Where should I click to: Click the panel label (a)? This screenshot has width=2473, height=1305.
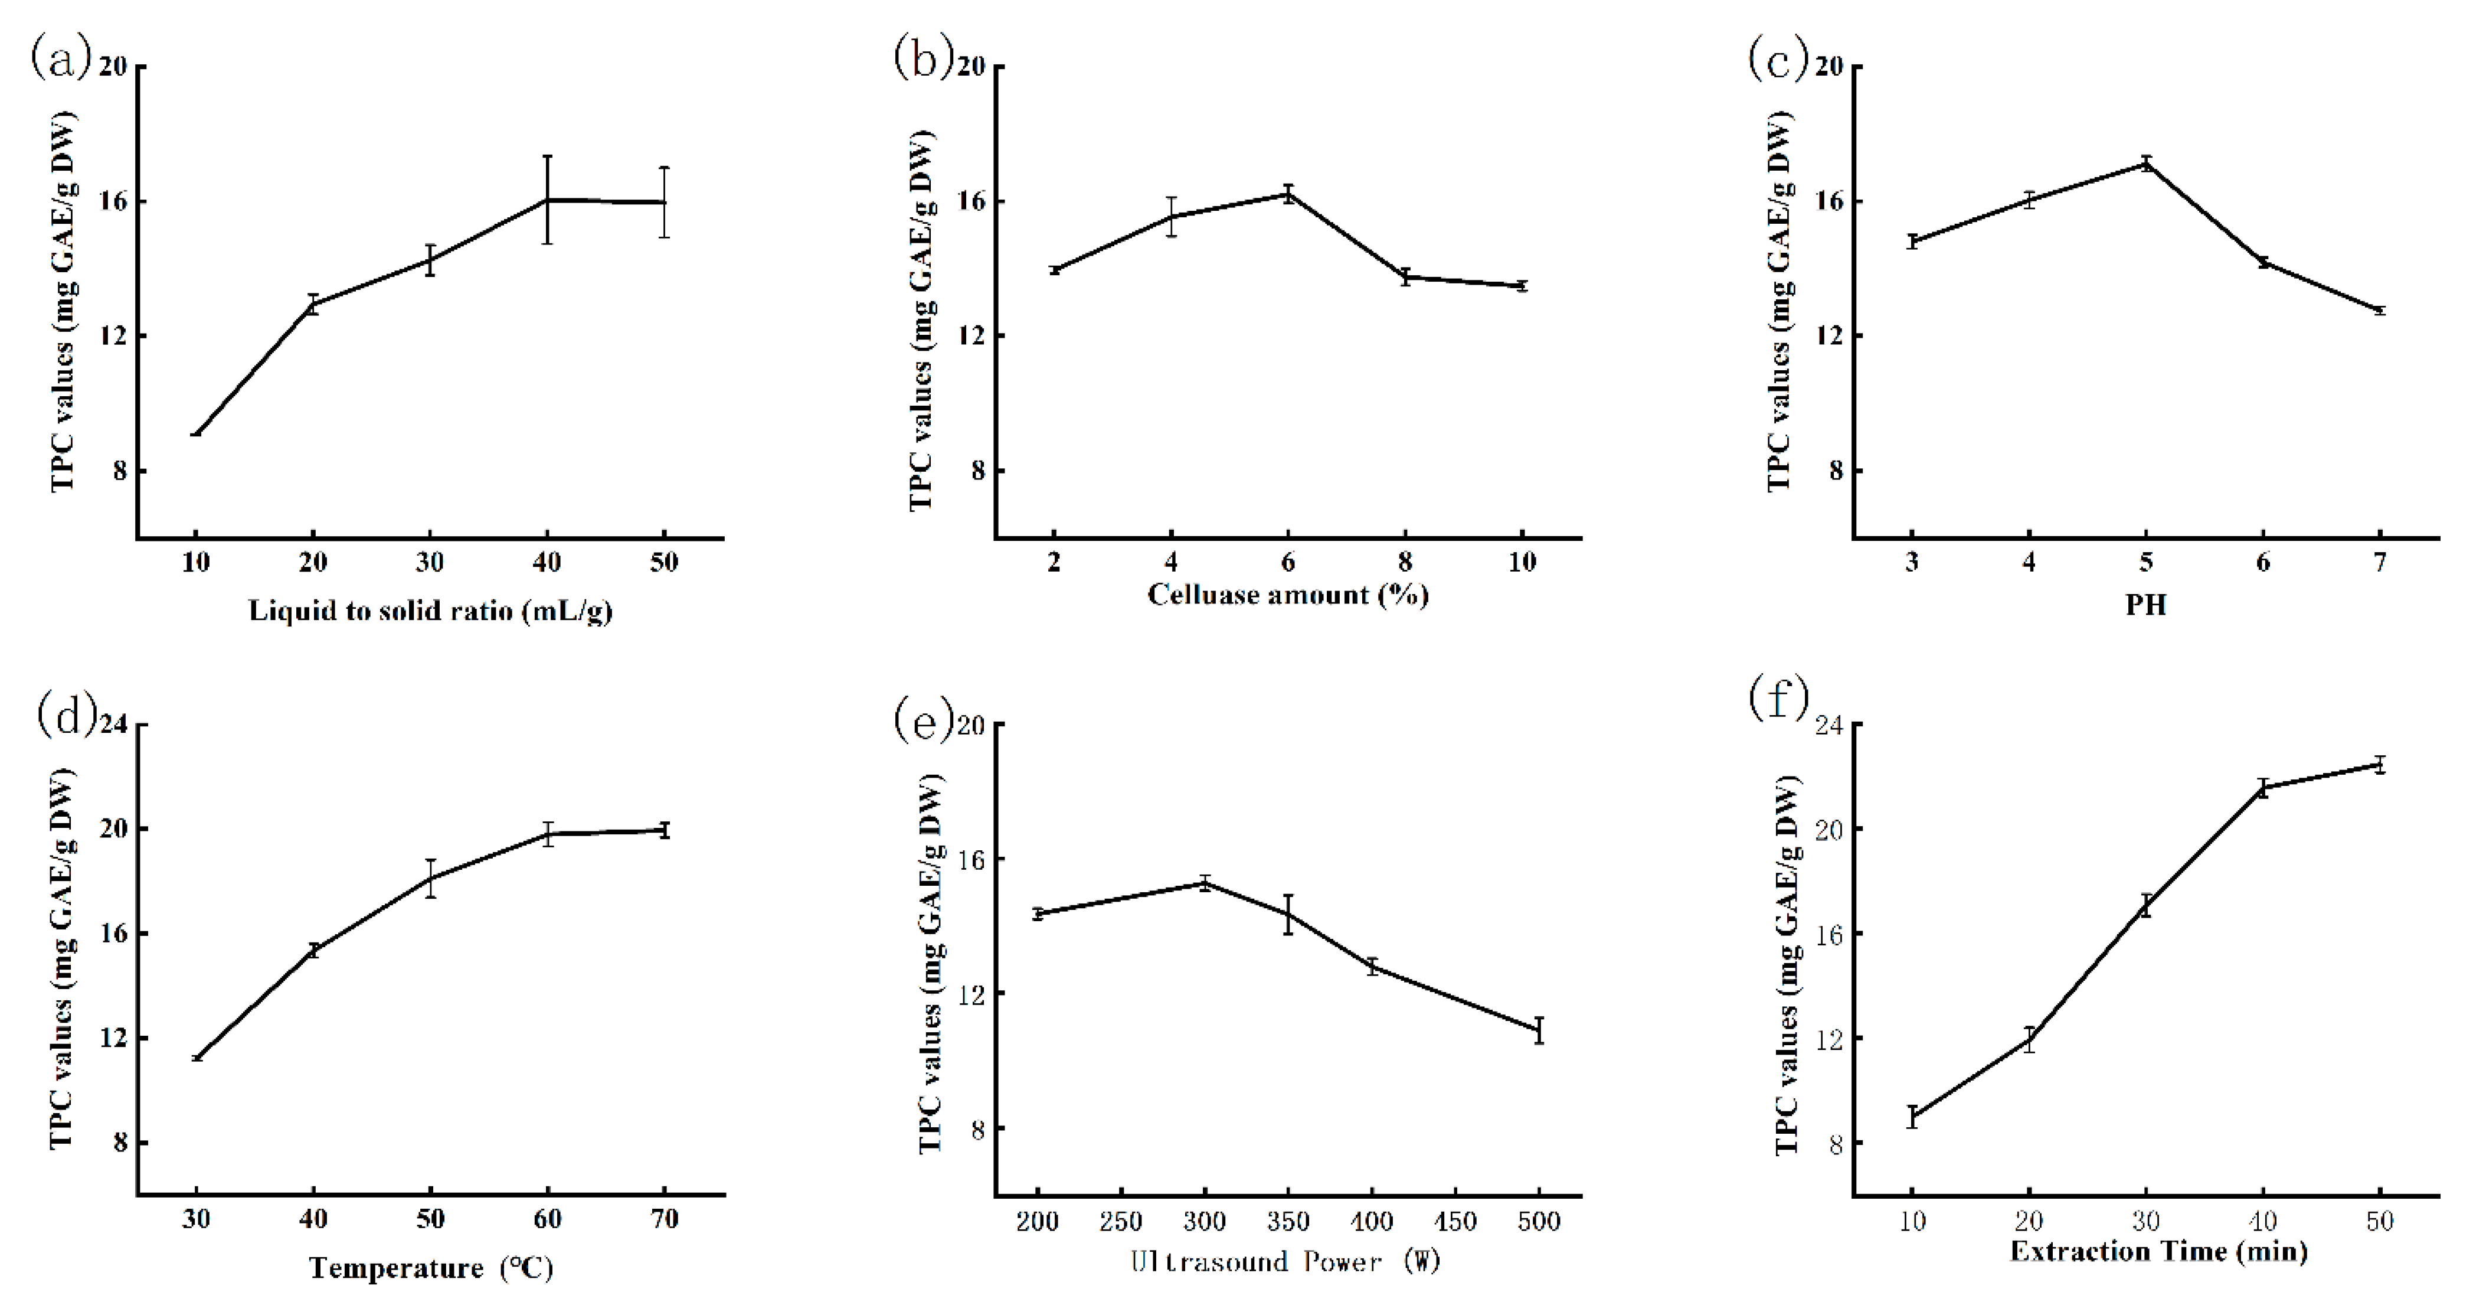coord(60,60)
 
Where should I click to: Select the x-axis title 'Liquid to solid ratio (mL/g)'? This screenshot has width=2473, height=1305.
coord(430,611)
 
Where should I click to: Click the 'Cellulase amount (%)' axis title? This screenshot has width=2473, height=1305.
coord(1287,595)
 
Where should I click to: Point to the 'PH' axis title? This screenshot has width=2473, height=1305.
coord(2145,605)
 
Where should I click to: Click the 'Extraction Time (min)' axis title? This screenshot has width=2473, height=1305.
coord(2158,1251)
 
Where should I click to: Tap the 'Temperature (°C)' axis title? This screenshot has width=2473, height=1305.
coord(430,1268)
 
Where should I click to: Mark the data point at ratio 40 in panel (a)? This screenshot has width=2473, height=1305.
coord(547,200)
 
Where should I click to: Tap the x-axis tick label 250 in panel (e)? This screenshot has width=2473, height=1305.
coord(1120,1222)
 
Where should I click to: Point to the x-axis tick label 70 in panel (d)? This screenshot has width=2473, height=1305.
coord(665,1219)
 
